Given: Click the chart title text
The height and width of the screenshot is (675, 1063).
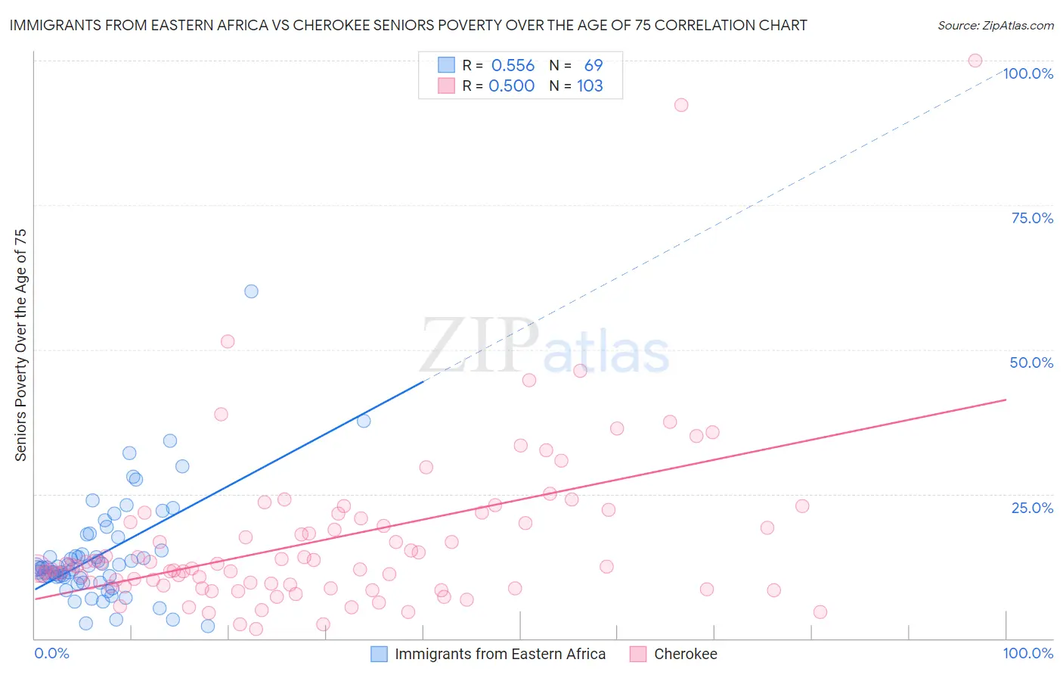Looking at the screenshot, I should point(408,25).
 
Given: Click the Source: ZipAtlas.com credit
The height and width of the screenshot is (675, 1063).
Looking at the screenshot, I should point(995,25).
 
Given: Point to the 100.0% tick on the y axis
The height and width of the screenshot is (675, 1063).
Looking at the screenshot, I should point(1028,73).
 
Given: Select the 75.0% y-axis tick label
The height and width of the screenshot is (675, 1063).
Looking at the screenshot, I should point(1032,218).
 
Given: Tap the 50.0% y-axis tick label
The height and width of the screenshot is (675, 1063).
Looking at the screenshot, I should point(1031,362).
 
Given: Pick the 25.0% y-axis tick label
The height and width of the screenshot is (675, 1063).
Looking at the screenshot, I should point(1032,508).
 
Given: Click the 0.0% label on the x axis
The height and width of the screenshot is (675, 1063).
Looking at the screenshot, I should point(51,653).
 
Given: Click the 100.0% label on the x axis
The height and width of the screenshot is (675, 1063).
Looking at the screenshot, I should point(1027,653).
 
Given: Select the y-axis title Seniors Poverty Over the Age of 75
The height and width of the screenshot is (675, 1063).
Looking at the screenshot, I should point(21,345).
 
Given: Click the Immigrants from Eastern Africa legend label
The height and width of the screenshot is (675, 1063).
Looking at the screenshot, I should point(500,654).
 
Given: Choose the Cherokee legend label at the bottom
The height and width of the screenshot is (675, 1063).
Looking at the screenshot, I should point(685,654).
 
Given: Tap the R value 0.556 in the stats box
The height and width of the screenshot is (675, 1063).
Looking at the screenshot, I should point(513,66).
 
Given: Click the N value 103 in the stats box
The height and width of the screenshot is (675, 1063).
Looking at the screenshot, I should point(590,86).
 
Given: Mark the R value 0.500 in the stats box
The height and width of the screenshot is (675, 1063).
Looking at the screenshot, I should point(512,86).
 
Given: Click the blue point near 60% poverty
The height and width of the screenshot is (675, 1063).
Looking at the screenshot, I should point(251,291).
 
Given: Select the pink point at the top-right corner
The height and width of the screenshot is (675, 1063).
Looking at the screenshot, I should point(975,61).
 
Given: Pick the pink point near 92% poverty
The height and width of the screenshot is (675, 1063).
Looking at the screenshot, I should point(681,105).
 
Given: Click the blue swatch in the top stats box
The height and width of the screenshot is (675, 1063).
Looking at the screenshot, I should point(446,66).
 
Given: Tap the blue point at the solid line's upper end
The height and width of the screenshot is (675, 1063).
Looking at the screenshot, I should point(364,421).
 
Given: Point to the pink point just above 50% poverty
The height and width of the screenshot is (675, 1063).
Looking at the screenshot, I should point(228,341).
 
